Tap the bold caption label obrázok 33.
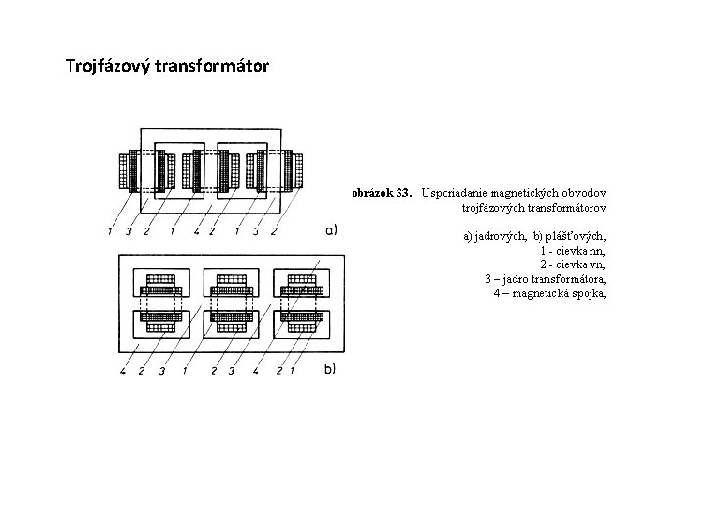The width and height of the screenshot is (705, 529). pyautogui.click(x=382, y=193)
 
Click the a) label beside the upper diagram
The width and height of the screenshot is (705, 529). pyautogui.click(x=331, y=231)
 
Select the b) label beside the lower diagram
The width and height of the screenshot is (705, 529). pyautogui.click(x=329, y=369)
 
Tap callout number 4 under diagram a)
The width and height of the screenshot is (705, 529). pyautogui.click(x=197, y=232)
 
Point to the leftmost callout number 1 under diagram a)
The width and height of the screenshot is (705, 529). pyautogui.click(x=111, y=232)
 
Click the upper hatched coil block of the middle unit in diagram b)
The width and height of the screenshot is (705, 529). pyautogui.click(x=229, y=284)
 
